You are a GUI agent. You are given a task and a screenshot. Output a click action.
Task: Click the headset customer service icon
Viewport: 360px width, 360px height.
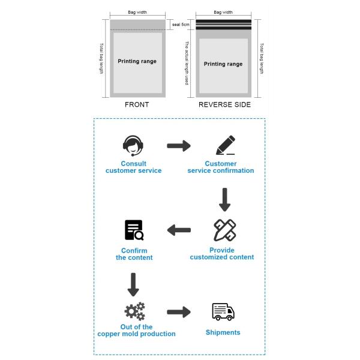(133, 145)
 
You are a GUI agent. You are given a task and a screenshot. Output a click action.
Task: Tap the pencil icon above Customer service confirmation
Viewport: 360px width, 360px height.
(225, 145)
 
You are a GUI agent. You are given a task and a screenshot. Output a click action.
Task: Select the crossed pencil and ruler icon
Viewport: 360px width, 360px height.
(224, 230)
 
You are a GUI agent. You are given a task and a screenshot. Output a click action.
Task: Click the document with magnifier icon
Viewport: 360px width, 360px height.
(134, 230)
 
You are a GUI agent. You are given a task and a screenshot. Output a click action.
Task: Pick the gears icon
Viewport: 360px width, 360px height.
(134, 311)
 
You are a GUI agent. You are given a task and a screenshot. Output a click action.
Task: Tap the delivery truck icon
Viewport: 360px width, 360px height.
(223, 312)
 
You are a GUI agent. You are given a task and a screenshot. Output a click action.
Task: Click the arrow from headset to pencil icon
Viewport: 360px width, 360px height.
(178, 146)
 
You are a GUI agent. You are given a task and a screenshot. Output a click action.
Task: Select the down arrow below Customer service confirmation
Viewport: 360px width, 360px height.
(224, 200)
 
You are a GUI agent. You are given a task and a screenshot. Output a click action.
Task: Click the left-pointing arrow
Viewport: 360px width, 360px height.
(179, 230)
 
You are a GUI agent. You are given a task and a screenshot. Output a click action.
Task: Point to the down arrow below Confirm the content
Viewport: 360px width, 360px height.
(133, 284)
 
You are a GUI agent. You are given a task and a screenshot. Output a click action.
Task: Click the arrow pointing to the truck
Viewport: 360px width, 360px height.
(178, 312)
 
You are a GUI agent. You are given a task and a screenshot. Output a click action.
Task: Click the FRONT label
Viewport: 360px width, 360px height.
(137, 104)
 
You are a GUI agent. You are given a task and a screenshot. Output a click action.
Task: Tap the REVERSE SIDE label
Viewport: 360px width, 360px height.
(224, 104)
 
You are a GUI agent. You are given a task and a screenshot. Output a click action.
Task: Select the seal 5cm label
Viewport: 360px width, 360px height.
(181, 25)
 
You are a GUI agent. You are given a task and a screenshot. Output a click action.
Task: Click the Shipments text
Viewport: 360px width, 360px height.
(223, 332)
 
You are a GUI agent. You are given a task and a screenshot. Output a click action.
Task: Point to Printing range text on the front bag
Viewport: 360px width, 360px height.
(137, 61)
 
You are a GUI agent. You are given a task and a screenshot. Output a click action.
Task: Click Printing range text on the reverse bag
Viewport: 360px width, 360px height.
(223, 64)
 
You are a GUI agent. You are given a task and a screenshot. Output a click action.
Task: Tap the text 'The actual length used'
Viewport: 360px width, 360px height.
(187, 63)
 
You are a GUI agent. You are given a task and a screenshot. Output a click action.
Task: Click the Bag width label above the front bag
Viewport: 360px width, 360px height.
(137, 12)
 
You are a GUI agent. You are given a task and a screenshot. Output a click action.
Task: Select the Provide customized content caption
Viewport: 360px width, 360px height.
(222, 254)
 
